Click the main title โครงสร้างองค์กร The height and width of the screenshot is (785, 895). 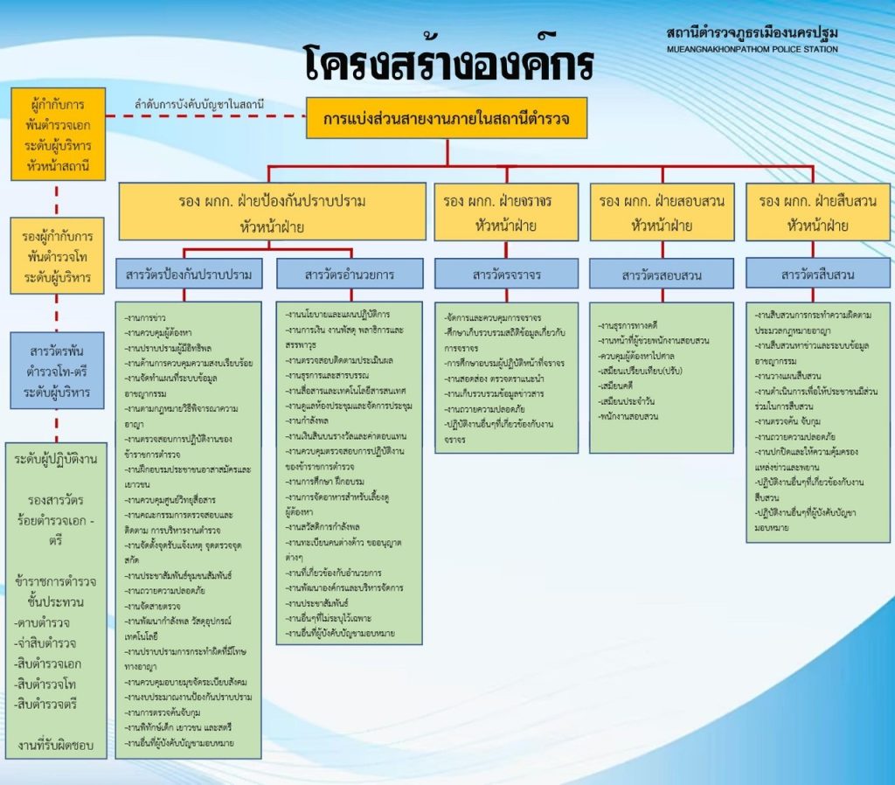tap(449, 63)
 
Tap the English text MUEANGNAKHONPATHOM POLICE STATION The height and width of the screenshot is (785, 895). tap(751, 49)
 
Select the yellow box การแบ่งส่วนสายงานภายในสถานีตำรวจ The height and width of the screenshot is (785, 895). tap(447, 118)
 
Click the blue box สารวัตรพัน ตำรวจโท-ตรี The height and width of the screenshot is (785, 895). tap(59, 372)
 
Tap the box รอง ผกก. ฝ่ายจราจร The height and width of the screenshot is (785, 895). tap(506, 212)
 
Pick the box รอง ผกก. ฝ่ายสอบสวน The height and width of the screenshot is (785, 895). tap(662, 212)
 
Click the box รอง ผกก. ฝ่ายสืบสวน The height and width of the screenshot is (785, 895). tap(818, 212)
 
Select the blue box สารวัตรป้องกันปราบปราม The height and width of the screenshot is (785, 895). tap(189, 274)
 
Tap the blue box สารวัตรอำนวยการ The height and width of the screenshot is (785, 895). tap(350, 274)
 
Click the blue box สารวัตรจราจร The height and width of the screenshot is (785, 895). tap(507, 274)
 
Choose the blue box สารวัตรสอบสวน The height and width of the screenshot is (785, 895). tap(662, 274)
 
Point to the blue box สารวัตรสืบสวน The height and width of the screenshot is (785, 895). tap(818, 274)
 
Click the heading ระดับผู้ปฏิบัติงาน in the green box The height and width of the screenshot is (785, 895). tap(57, 459)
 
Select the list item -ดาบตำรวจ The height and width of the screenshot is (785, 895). tap(44, 622)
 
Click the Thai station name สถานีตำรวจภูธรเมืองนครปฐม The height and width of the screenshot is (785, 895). tap(751, 33)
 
